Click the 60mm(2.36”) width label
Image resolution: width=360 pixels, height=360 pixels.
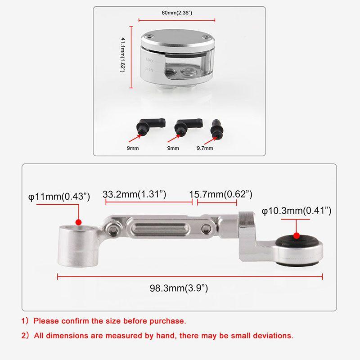point(177,13)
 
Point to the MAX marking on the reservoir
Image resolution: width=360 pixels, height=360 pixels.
point(150,60)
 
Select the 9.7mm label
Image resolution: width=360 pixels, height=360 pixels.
point(205,148)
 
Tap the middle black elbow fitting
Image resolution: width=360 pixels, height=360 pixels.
point(184,126)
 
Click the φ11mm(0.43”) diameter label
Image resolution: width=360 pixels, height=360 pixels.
point(59,197)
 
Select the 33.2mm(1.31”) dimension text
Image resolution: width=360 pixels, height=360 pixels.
point(135,194)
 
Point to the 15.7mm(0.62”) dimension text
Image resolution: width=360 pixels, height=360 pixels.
point(220,194)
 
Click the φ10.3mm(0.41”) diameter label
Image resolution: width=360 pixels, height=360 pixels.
point(297,211)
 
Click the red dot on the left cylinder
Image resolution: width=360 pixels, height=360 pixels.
point(78,222)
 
